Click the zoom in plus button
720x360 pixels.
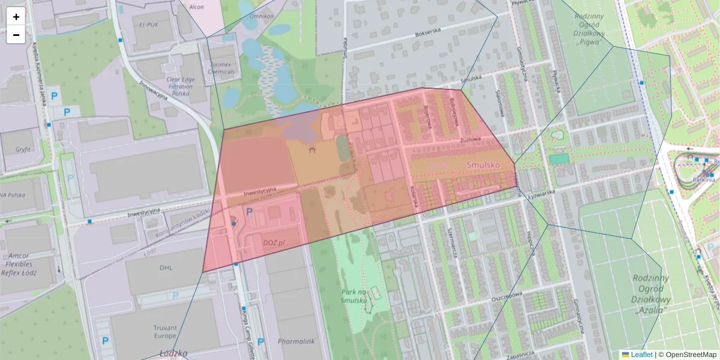16,17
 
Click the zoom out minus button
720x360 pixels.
16,35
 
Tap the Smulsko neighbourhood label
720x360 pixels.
484,164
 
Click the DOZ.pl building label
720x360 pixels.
274,242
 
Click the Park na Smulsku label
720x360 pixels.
353,296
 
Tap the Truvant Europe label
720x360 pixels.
165,332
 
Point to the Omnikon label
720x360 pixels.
262,16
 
